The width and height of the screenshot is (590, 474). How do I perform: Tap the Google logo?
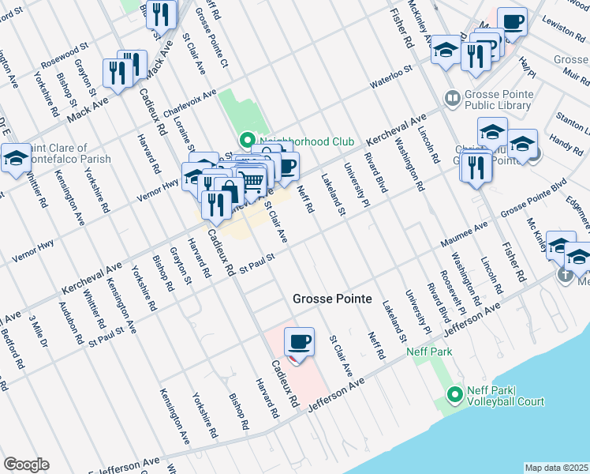point(26,465)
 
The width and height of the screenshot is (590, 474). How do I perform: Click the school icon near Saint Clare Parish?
point(16,159)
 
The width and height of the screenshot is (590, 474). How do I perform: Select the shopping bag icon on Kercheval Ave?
point(229,191)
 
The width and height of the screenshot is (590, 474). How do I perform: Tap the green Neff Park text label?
point(429,352)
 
